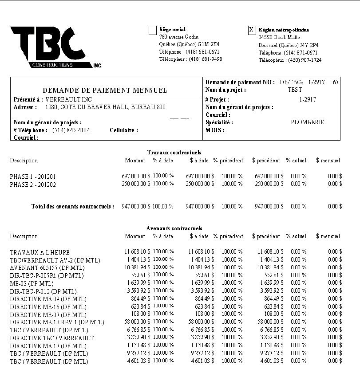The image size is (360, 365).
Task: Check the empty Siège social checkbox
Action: coord(153,30)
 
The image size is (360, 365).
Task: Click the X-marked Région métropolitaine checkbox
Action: coord(252,30)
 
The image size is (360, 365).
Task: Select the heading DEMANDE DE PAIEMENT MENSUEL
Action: coord(105,90)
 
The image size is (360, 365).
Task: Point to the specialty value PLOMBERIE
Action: coord(307,122)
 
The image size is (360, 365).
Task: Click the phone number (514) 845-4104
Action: coord(71,130)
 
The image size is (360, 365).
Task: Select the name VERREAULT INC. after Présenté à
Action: coord(63,99)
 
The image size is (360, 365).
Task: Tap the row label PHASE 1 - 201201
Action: coord(33,177)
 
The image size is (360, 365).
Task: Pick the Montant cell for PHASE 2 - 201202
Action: coord(136,184)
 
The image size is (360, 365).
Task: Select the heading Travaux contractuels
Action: coord(174,152)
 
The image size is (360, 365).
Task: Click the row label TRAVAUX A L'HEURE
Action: coord(40,252)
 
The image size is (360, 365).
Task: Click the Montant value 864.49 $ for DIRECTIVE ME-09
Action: coord(140,298)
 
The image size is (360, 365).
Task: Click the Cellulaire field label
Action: coord(124,130)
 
